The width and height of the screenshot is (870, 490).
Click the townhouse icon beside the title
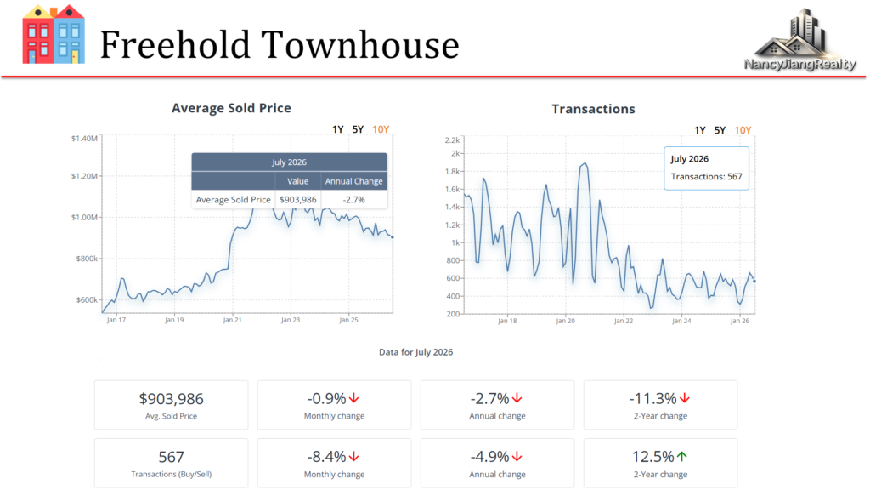pos(54,34)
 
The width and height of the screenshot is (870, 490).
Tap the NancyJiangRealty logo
pos(799,40)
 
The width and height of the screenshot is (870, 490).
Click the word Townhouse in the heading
pos(360,45)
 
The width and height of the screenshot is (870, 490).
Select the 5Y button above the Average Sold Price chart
pos(358,129)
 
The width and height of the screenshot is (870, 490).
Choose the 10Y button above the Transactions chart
pos(743,130)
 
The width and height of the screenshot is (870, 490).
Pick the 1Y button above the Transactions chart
pos(700,130)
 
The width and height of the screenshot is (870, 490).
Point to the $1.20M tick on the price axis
pos(84,176)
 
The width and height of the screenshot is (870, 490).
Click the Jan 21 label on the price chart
pos(233,320)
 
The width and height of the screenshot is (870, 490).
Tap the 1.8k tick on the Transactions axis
pos(452,172)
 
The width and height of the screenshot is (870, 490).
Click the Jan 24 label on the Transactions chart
pos(682,321)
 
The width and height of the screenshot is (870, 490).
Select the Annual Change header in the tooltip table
pos(354,181)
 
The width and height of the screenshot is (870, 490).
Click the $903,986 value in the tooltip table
pos(298,199)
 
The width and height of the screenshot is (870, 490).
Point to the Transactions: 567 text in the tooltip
pos(706,177)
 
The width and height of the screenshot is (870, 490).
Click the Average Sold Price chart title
pos(231,108)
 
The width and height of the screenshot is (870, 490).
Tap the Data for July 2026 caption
pos(415,352)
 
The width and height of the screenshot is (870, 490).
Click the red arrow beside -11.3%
pos(685,398)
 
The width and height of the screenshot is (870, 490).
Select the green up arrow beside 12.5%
pos(682,457)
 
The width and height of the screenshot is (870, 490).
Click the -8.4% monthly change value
pos(326,457)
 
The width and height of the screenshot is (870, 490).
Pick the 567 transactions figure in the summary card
pos(171,457)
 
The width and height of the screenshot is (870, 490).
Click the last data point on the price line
pos(393,237)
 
